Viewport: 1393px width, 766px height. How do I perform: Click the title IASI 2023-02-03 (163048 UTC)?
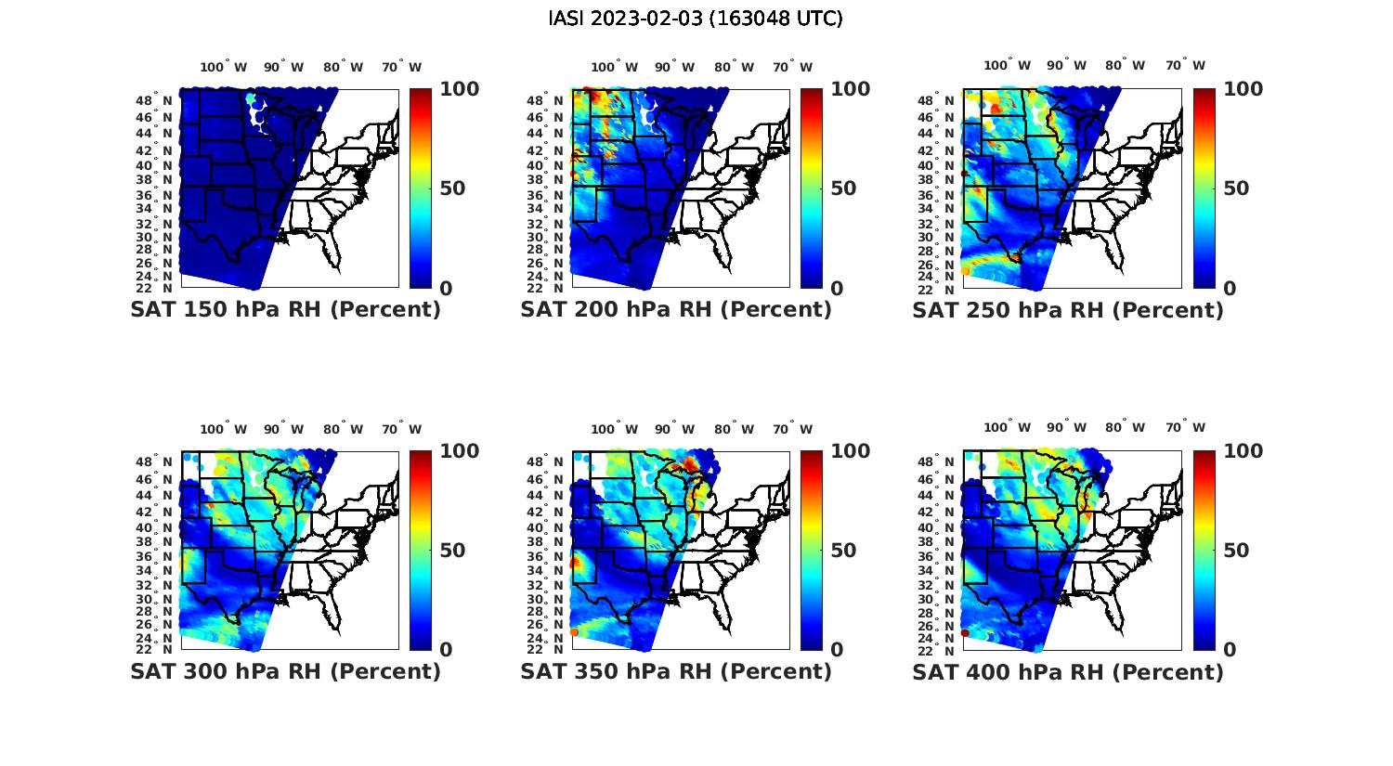tap(696, 19)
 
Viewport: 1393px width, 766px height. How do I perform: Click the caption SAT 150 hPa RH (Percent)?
tap(285, 310)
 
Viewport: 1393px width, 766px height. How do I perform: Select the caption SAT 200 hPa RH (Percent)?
tap(676, 310)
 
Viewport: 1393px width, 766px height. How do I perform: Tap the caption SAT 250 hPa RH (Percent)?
tap(1068, 310)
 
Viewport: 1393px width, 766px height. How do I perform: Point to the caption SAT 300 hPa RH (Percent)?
tap(285, 671)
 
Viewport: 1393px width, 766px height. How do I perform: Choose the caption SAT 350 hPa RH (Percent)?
tap(676, 671)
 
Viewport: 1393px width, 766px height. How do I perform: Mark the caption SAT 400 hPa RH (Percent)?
tap(1068, 671)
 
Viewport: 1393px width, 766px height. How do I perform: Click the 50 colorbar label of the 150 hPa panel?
tap(451, 188)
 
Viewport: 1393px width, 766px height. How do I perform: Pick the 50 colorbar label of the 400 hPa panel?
tap(1235, 551)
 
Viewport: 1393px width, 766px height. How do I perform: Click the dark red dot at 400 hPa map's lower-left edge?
tap(965, 632)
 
